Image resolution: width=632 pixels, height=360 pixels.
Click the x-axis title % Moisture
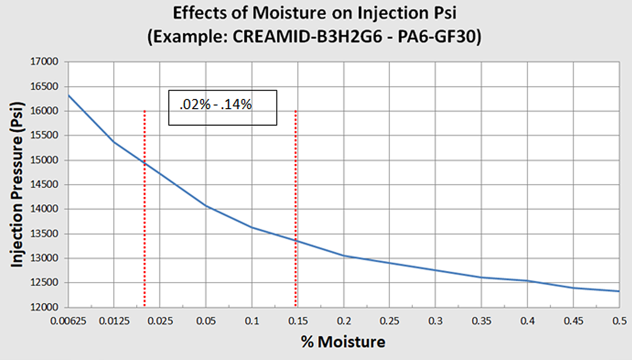(x=343, y=342)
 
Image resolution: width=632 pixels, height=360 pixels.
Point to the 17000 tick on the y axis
(x=46, y=62)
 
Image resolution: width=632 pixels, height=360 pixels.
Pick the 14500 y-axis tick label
(x=46, y=185)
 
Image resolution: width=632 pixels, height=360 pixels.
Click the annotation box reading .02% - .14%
(x=222, y=108)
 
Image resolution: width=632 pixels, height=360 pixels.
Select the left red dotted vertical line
(x=145, y=226)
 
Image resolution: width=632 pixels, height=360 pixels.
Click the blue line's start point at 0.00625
(x=69, y=95)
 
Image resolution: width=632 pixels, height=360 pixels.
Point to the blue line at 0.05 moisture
(x=206, y=206)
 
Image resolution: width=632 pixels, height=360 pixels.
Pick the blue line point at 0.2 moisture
(x=344, y=255)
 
